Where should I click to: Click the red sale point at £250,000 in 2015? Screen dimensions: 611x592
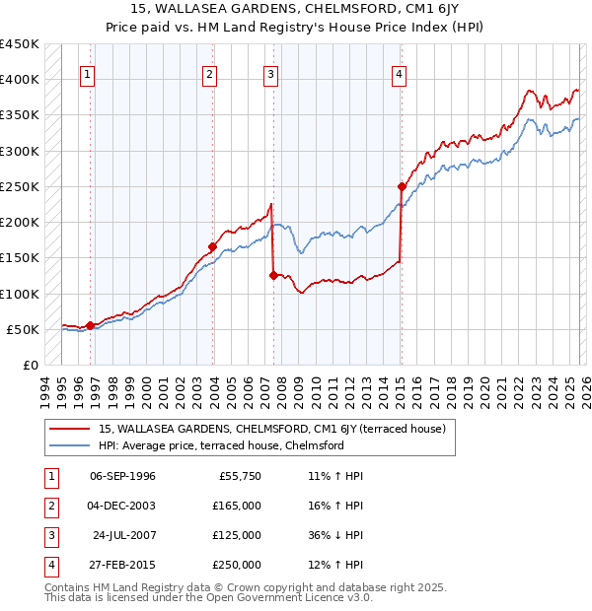402,186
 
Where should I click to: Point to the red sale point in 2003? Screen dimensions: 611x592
212,246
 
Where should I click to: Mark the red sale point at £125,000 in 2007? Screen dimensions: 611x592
273,276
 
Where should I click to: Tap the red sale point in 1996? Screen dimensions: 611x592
90,325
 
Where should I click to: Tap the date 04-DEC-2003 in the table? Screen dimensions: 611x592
122,506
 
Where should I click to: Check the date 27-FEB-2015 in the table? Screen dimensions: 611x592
122,565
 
